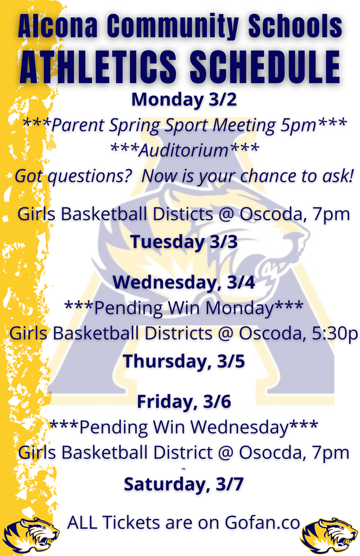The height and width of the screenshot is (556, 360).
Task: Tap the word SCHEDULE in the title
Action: tap(265, 68)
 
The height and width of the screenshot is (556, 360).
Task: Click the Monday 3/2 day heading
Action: tap(184, 100)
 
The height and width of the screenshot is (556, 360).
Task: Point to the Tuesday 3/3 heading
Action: tap(184, 242)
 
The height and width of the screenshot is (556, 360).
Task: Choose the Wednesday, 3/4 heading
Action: tap(184, 283)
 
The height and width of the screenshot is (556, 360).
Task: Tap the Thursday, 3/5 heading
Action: tap(184, 361)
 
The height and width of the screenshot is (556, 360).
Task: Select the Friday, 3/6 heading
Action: tap(184, 402)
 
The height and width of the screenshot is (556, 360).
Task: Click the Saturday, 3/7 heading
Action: tap(184, 484)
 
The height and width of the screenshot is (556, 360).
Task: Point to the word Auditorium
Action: tap(184, 150)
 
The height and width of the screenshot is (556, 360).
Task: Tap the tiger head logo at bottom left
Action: tap(31, 534)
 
